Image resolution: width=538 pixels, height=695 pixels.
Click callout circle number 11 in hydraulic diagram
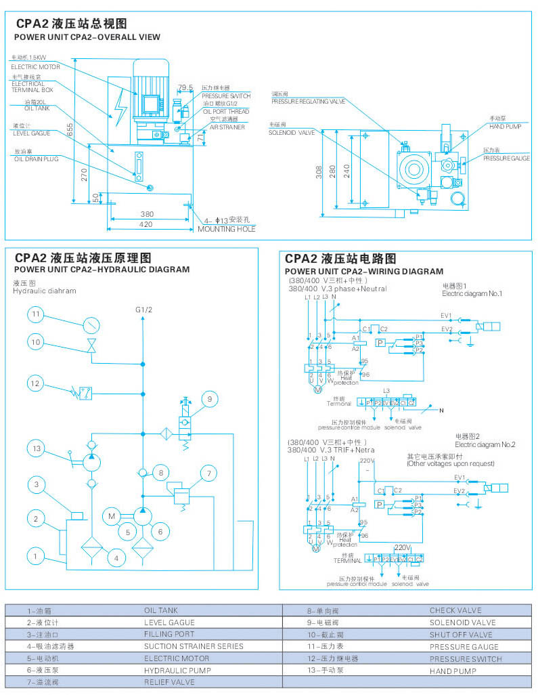pos(37,314)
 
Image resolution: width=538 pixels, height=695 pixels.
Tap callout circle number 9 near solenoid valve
pos(210,399)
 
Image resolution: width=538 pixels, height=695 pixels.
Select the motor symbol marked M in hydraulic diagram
pos(112,517)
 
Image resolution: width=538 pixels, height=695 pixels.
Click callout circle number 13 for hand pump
pos(37,448)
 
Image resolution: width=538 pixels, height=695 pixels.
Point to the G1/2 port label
pos(143,310)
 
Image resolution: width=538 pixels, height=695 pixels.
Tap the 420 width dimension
pos(146,224)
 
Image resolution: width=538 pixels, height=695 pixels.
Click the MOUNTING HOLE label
pos(227,229)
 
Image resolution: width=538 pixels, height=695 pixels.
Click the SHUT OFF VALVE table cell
pos(461,635)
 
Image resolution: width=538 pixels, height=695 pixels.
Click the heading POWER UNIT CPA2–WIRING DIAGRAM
pos(364,271)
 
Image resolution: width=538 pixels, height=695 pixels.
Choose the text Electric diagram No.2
pos(485,444)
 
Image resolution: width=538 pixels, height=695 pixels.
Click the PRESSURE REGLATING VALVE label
pos(309,101)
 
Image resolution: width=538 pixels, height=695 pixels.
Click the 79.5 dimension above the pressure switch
pos(185,87)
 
